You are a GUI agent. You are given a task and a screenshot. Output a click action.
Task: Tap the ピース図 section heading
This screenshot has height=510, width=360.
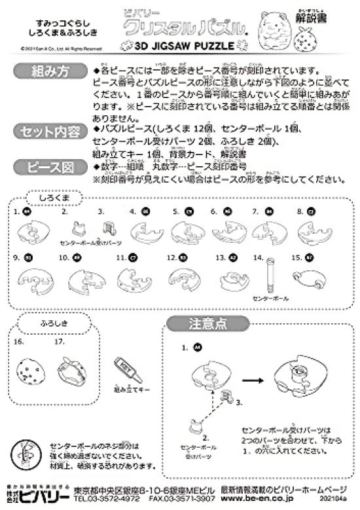click(x=49, y=167)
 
